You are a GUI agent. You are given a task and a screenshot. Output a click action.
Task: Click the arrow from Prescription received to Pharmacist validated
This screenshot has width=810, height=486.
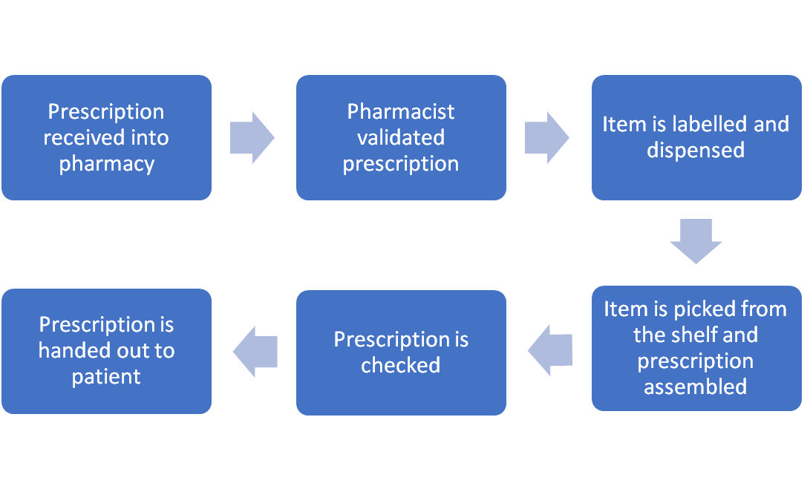point(252,137)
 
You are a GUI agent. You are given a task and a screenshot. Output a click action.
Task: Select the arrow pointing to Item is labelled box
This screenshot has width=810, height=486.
point(547,137)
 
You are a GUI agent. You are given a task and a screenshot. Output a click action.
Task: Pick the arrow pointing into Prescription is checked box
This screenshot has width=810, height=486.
point(550,349)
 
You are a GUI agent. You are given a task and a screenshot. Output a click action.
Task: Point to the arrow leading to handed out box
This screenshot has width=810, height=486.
point(255,351)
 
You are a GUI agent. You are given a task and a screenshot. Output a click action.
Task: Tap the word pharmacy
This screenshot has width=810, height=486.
point(106,163)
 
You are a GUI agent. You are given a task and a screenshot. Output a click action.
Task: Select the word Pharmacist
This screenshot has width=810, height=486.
point(401,111)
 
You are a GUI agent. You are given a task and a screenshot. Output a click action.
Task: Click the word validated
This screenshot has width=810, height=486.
point(401,137)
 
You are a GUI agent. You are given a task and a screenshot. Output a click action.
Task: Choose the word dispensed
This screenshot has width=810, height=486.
point(696,150)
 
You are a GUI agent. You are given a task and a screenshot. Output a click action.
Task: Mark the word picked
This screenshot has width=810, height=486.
point(705,309)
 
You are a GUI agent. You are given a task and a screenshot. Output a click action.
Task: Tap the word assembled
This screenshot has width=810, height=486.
point(696,387)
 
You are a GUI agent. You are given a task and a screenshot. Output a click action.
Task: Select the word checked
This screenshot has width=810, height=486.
point(401,365)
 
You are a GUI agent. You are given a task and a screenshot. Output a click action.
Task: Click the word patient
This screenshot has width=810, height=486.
point(106,376)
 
